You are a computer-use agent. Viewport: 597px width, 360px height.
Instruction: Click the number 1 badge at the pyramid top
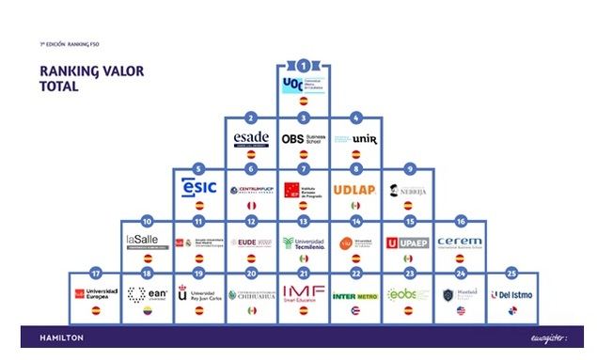303,66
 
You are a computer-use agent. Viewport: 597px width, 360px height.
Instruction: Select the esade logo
250,138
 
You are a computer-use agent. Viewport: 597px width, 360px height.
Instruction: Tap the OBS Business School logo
303,138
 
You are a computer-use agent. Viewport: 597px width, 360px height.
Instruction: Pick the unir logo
356,139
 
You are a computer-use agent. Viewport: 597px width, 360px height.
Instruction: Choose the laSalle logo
146,242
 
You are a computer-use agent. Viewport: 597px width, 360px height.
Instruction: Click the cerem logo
461,242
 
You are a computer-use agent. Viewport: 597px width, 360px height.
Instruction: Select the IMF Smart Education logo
303,293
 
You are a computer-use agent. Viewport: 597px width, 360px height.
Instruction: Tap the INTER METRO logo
356,295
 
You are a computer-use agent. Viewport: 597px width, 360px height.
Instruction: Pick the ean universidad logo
146,294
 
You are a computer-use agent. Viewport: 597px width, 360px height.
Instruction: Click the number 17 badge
93,273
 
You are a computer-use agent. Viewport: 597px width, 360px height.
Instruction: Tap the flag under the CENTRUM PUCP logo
250,205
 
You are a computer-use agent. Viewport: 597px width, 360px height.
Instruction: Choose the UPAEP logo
408,242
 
